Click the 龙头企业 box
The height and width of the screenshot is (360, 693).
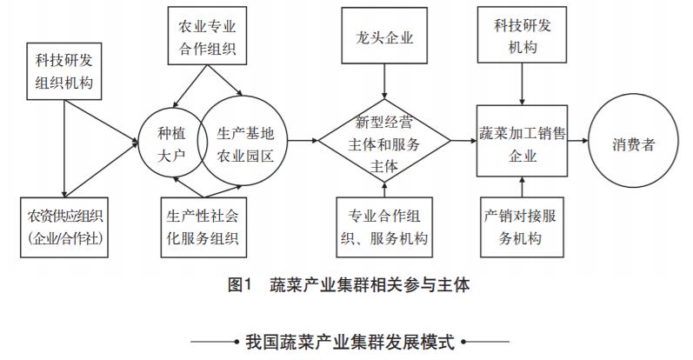click(384, 39)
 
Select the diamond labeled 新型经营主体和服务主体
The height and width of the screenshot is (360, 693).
click(384, 143)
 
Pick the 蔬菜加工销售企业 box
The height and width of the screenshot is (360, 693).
click(520, 143)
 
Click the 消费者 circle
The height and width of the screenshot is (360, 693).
click(633, 143)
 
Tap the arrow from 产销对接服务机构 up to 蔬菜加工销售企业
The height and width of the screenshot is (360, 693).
click(520, 190)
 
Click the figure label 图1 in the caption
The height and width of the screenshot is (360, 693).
click(237, 286)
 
